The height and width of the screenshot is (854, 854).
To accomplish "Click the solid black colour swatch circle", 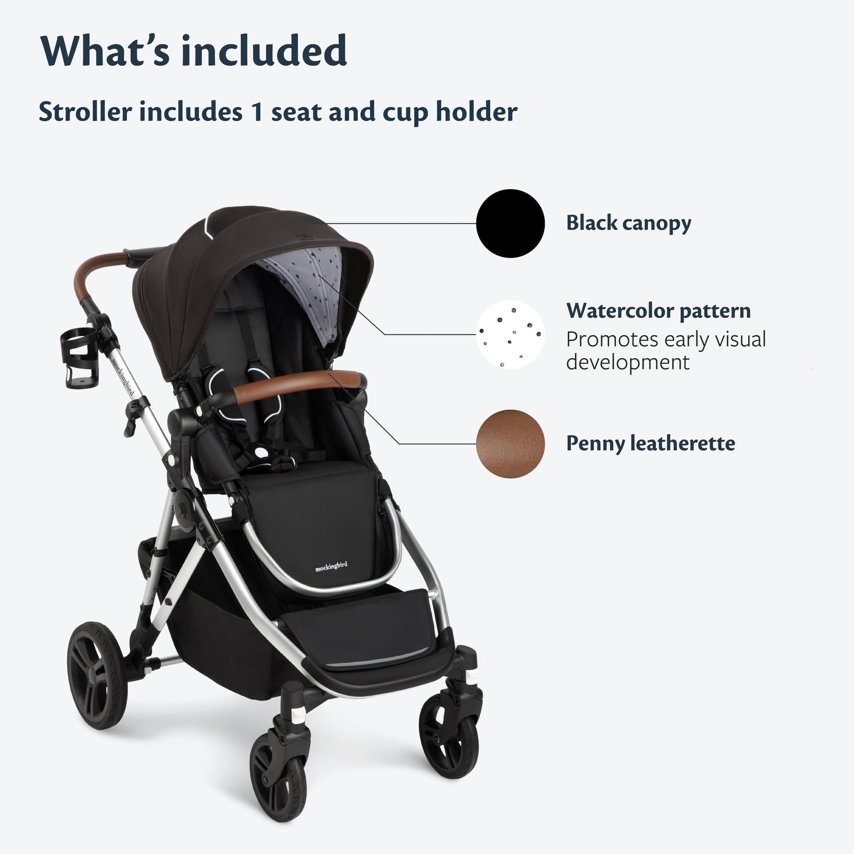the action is pyautogui.click(x=510, y=223).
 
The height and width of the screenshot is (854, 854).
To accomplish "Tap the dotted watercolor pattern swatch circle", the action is pyautogui.click(x=510, y=334).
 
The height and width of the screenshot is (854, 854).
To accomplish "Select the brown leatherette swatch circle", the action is pyautogui.click(x=510, y=444).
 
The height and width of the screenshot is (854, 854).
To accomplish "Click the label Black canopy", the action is pyautogui.click(x=628, y=223).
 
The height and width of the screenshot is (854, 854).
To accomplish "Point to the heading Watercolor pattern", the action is pyautogui.click(x=659, y=311).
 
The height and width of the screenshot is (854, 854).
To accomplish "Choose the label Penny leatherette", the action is pyautogui.click(x=651, y=443).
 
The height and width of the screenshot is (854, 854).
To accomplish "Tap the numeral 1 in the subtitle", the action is pyautogui.click(x=257, y=111).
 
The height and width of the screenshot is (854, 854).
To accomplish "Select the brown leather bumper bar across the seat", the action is pyautogui.click(x=298, y=385).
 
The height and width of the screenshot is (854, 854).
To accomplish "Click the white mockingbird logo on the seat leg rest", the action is pyautogui.click(x=331, y=566).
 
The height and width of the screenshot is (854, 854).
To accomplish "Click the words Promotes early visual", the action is pyautogui.click(x=666, y=340).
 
